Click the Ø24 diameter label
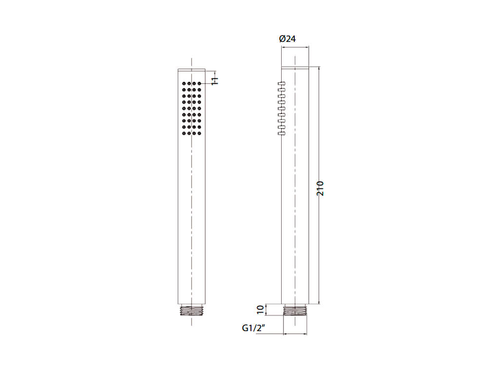(288, 39)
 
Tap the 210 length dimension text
(321, 188)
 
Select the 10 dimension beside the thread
(261, 309)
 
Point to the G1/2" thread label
(253, 328)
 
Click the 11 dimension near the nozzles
(215, 81)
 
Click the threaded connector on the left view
(191, 310)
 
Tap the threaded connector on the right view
(295, 310)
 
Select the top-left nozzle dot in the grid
(184, 84)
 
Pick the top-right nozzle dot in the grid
(199, 84)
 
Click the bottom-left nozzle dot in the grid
(184, 133)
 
